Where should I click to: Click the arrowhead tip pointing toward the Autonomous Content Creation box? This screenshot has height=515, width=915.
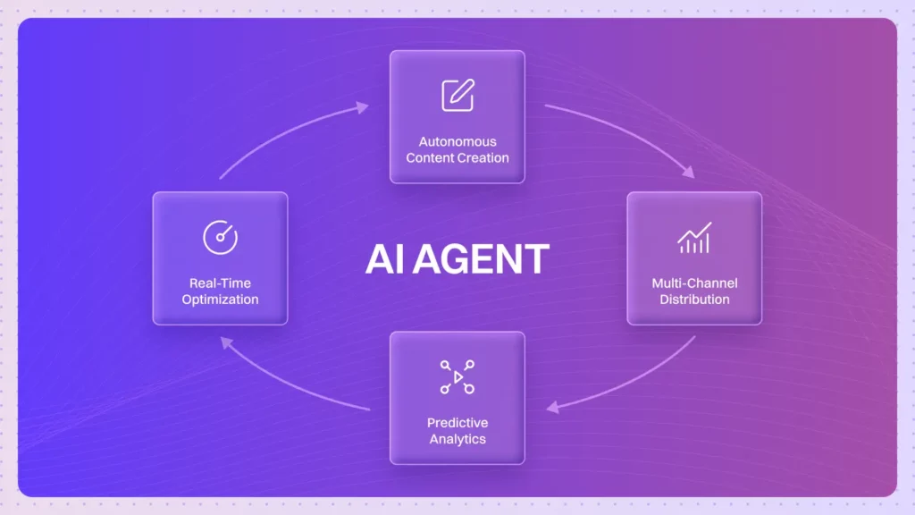click(x=369, y=106)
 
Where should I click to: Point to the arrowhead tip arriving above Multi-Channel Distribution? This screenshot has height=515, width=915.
click(x=694, y=177)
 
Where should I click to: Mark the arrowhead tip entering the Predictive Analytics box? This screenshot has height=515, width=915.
click(x=547, y=408)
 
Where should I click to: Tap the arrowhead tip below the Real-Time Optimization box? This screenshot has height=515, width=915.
click(x=221, y=338)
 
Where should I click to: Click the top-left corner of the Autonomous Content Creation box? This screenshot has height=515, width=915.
click(x=390, y=51)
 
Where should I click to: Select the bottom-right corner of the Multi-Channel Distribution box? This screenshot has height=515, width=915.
click(x=762, y=325)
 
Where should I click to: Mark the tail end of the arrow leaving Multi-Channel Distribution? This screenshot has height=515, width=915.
click(x=695, y=336)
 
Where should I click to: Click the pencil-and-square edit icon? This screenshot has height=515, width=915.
click(x=457, y=95)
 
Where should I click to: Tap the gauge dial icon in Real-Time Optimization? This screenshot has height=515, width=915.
click(x=220, y=237)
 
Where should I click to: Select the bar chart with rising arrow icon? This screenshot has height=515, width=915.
click(x=694, y=237)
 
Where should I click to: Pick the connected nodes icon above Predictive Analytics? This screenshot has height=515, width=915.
click(x=457, y=377)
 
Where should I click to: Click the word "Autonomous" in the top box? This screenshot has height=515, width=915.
click(x=457, y=141)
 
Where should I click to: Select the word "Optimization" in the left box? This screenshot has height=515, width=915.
click(x=220, y=300)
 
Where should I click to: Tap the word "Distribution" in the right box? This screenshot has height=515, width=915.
click(x=694, y=299)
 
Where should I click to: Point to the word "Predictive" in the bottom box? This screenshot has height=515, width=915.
click(x=457, y=423)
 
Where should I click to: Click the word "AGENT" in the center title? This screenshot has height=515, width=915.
click(x=481, y=259)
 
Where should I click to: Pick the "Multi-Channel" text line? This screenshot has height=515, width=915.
click(x=694, y=283)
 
